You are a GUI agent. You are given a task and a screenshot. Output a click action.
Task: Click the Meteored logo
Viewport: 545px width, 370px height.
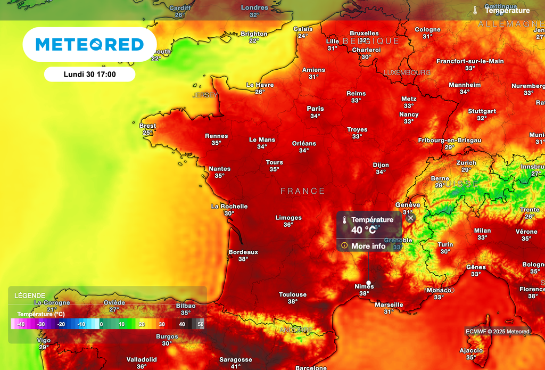pos(89,45)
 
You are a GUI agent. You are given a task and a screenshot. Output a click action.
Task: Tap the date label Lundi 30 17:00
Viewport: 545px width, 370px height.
pos(89,75)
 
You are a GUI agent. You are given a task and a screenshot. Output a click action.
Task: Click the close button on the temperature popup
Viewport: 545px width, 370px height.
pos(410,218)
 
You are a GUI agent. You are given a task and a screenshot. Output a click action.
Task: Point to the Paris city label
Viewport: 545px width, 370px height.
pos(315,109)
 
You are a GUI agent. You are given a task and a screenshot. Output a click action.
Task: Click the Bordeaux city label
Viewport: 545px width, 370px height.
pos(243,252)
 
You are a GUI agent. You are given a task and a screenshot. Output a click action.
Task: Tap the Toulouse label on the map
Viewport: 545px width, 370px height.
pos(293,294)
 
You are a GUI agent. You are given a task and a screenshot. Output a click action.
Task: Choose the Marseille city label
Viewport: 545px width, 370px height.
pos(389,305)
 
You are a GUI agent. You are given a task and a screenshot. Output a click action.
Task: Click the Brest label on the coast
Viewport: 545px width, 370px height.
pos(147,126)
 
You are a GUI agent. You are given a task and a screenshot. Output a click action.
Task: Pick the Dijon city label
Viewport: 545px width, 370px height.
pos(381,165)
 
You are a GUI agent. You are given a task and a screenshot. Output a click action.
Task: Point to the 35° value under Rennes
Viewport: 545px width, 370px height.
pos(216,143)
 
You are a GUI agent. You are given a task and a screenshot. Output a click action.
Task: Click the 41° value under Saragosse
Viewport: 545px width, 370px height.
pos(236,366)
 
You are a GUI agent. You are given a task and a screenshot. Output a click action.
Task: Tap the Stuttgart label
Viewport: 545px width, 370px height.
pos(482,111)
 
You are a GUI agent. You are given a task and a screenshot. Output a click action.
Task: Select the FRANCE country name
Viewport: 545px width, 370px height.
pos(302,191)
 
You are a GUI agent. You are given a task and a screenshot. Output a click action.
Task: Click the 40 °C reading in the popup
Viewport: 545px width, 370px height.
pos(364,230)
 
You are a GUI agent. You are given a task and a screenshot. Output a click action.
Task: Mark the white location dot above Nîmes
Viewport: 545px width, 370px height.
pos(368,283)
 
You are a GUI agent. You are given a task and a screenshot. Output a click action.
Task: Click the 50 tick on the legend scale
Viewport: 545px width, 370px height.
pos(201,324)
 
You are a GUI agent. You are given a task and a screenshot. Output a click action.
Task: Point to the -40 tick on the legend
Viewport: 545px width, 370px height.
pos(21,324)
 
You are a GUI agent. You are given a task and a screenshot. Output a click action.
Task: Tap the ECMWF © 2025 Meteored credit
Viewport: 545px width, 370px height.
pos(498,332)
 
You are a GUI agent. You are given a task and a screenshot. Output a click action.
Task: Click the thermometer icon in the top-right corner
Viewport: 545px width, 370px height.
pos(475,10)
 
